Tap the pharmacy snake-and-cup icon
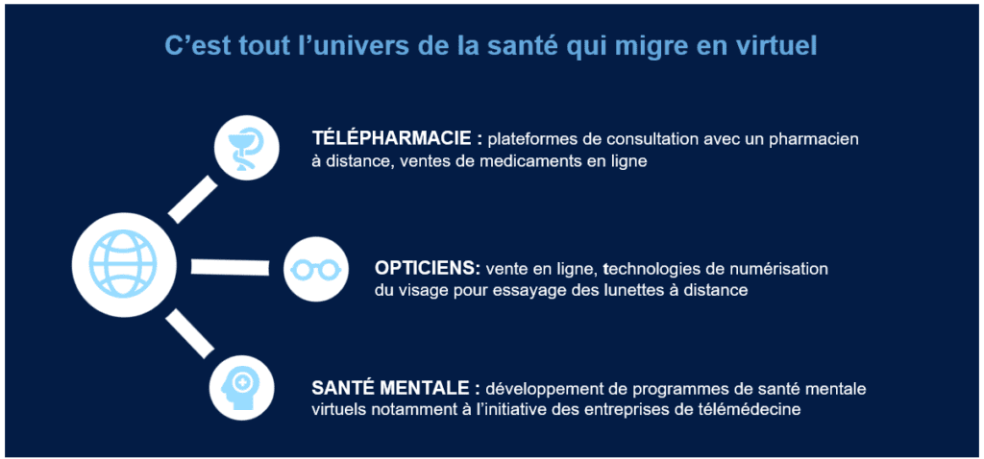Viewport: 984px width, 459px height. pyautogui.click(x=246, y=148)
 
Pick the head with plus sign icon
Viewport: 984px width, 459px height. pyautogui.click(x=241, y=388)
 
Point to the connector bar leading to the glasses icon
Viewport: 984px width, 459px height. pyautogui.click(x=230, y=267)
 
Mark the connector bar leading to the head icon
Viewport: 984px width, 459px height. pyautogui.click(x=189, y=335)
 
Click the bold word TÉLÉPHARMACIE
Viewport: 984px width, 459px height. pyautogui.click(x=389, y=138)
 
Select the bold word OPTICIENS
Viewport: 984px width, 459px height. pyautogui.click(x=428, y=268)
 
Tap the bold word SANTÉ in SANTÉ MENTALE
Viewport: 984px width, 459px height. pyautogui.click(x=343, y=388)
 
